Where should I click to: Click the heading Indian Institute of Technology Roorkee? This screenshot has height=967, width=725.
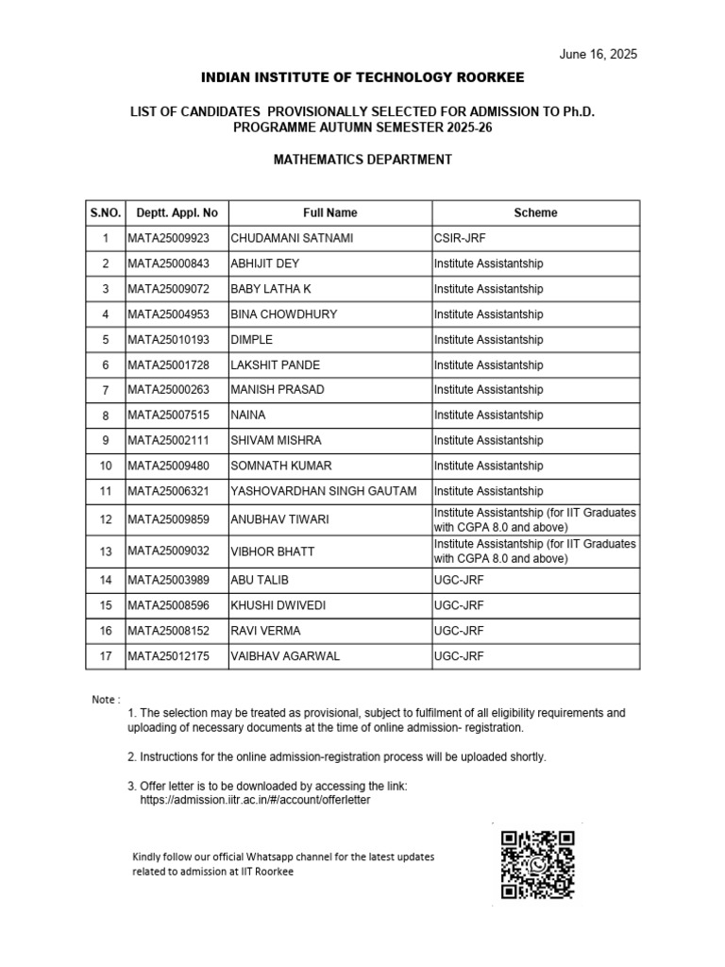tap(362, 76)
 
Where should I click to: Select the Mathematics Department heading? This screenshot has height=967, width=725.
tap(362, 160)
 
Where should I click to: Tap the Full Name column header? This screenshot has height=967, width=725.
tap(329, 213)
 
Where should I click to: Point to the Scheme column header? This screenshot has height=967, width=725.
tap(535, 213)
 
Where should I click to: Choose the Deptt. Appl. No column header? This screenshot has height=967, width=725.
tap(177, 213)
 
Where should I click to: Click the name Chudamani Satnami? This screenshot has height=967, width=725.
tap(284, 238)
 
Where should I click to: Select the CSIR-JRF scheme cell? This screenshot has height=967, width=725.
tap(460, 238)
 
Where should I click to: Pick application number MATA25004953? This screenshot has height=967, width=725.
tap(169, 314)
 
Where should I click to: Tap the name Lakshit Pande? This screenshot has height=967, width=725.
tap(275, 365)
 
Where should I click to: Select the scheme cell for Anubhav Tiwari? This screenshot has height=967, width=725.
tap(534, 518)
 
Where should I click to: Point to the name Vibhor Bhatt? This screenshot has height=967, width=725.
tap(273, 550)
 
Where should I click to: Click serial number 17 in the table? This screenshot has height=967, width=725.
tap(106, 655)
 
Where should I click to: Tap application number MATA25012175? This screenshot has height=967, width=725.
tap(169, 655)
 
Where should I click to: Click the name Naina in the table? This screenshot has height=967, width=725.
tap(248, 415)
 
